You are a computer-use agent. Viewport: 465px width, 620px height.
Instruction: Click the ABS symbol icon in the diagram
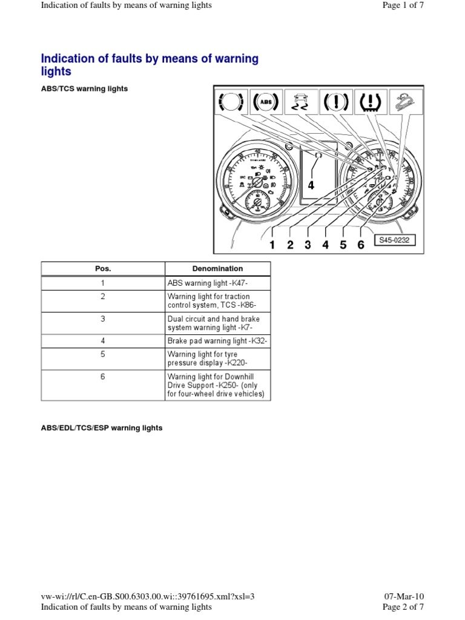[x=266, y=102]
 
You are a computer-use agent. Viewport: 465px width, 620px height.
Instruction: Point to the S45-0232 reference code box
[x=394, y=240]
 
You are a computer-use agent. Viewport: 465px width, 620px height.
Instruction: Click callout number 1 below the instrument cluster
[x=272, y=245]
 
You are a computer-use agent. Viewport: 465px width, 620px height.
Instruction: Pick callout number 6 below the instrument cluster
[x=361, y=245]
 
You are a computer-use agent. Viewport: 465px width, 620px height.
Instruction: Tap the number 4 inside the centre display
[x=311, y=185]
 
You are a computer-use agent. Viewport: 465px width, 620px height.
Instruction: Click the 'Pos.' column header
[x=103, y=269]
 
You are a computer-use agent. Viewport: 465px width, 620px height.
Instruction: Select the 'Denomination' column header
[x=217, y=269]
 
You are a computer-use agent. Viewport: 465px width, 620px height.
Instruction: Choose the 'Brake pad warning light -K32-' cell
[x=217, y=341]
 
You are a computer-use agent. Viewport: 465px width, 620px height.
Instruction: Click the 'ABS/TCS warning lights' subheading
[x=84, y=88]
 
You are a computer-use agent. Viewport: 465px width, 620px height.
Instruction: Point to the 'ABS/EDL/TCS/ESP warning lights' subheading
[x=102, y=427]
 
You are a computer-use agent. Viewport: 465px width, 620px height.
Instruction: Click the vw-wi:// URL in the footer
[x=148, y=596]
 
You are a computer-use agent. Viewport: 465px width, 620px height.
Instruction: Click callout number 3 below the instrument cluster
[x=308, y=245]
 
